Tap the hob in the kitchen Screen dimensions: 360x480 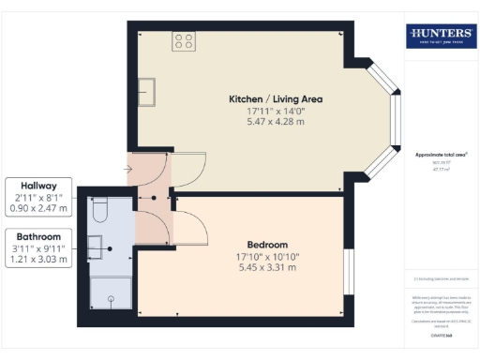point(184,41)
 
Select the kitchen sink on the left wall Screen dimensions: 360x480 point(146,91)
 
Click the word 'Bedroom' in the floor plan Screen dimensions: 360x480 point(241,244)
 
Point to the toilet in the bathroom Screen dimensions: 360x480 point(101,206)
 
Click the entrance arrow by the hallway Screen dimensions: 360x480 point(127,170)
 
